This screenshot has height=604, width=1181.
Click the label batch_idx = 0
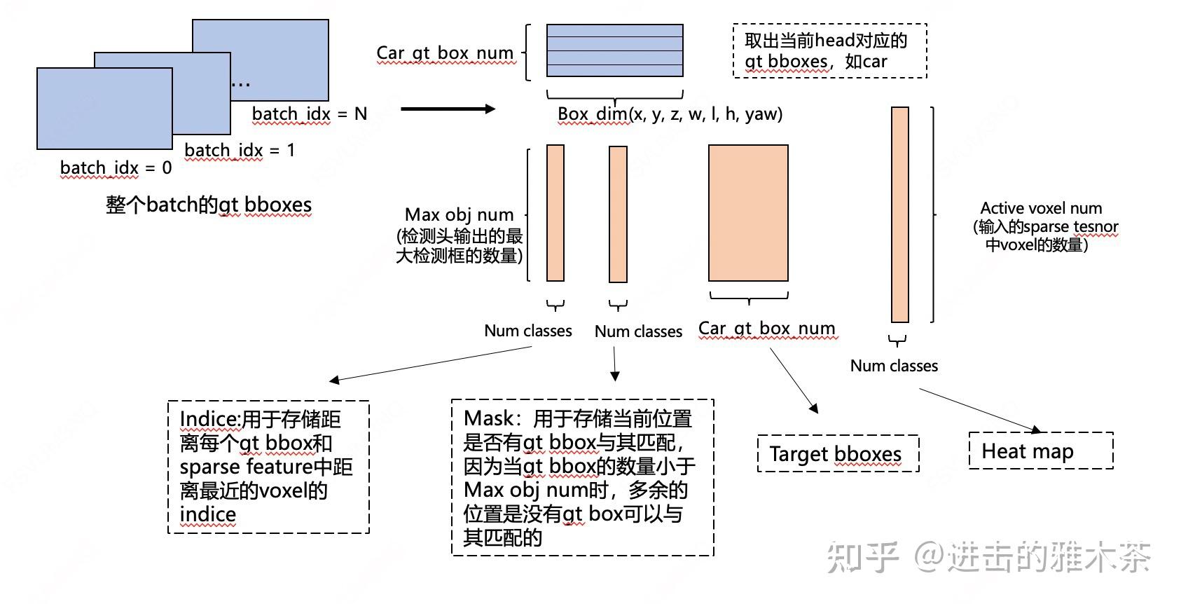point(116,168)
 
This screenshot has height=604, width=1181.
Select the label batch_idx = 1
point(240,151)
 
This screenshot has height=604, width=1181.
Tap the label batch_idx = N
point(309,114)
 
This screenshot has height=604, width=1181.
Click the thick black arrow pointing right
point(448,109)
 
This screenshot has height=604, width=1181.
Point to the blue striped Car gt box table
point(614,50)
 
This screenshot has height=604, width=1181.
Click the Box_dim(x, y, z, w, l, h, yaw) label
point(670,114)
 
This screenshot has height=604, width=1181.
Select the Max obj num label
point(460,214)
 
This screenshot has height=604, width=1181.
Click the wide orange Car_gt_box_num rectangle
point(748,213)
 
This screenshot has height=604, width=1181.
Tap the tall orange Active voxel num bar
point(899,214)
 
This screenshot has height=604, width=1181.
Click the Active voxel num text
point(1041,209)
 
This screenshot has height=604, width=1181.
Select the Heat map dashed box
point(1040,451)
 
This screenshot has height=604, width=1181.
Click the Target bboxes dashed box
point(837,454)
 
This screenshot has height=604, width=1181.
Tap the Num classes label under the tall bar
point(894,366)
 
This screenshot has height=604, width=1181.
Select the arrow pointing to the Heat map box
point(981,410)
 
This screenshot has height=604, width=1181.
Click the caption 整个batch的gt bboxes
point(208,205)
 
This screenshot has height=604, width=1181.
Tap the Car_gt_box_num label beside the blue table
point(445,53)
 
